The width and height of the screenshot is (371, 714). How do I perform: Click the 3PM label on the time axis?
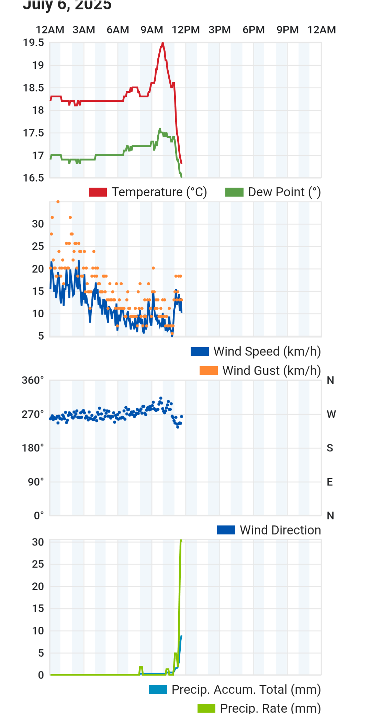click(220, 30)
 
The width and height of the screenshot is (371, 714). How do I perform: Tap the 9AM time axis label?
click(151, 30)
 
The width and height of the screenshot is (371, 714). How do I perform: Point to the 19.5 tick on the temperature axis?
click(34, 43)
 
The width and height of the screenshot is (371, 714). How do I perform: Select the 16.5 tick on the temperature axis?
click(34, 178)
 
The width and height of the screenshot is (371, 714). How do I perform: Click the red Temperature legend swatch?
click(98, 192)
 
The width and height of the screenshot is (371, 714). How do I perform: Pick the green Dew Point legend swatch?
click(234, 192)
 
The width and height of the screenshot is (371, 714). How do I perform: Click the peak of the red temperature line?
click(162, 43)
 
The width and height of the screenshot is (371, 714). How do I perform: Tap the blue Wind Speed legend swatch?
click(200, 352)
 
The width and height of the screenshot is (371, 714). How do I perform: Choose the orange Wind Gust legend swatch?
click(209, 371)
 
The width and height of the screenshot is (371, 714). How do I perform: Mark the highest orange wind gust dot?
click(58, 202)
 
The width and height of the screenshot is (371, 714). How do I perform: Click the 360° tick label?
click(33, 380)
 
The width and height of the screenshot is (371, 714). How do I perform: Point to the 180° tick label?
click(33, 448)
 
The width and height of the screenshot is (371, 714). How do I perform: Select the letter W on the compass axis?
click(331, 414)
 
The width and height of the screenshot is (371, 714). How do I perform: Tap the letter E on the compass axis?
click(330, 482)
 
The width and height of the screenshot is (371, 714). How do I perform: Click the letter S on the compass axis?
click(330, 448)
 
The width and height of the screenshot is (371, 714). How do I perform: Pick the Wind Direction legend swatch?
click(226, 530)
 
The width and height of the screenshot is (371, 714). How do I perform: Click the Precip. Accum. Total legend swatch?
click(158, 690)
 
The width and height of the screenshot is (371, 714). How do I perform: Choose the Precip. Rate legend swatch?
click(206, 708)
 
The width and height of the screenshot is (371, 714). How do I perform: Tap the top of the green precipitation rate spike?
click(181, 541)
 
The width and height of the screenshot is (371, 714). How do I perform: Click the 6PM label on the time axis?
click(254, 30)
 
